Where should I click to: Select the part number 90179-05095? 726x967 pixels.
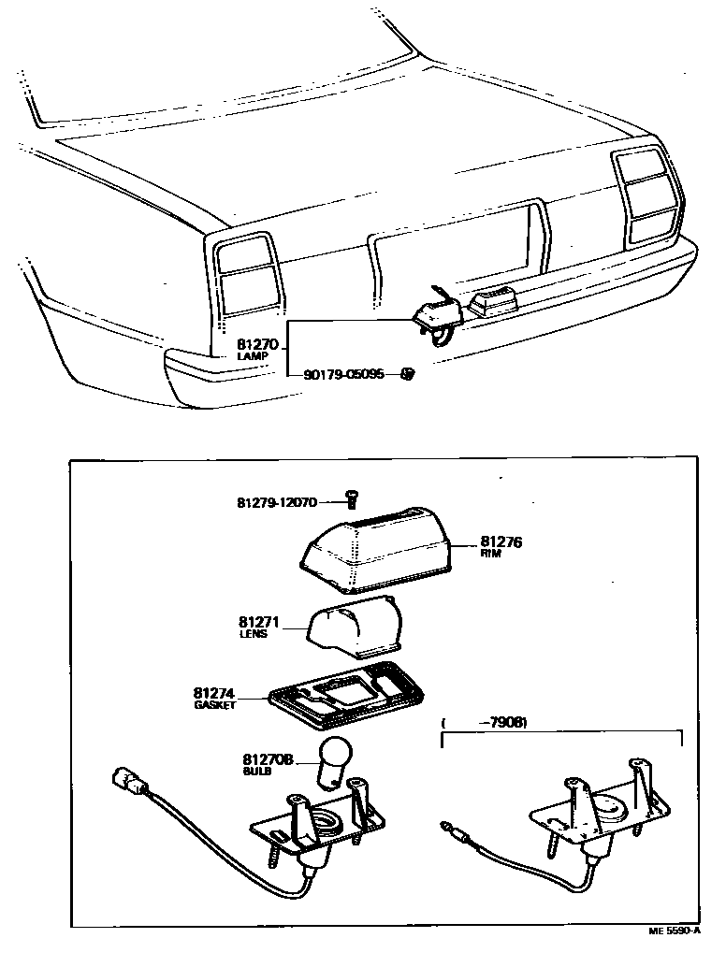(343, 375)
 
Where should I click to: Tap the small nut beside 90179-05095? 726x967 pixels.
(406, 374)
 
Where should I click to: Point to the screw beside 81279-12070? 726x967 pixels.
(353, 498)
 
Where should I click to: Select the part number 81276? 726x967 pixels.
(501, 541)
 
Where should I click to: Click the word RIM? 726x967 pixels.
(490, 554)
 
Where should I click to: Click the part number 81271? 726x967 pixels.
(259, 621)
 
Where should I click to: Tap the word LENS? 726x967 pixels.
(253, 633)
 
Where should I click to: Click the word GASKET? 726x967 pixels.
(214, 705)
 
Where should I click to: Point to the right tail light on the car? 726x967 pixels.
(647, 194)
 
